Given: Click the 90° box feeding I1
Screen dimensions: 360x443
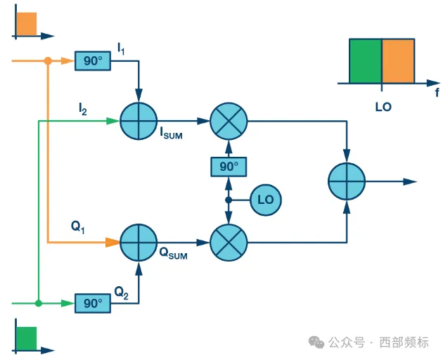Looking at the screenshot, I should (x=92, y=61).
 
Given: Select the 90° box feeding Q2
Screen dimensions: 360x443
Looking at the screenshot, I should (x=92, y=304).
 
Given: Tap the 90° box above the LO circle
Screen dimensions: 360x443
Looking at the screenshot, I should (x=229, y=167).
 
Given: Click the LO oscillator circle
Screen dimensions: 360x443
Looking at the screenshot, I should (x=265, y=200).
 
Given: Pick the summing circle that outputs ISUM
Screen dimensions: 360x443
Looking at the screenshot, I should (x=138, y=121).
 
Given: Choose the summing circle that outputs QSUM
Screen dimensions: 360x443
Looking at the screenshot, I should (x=138, y=243).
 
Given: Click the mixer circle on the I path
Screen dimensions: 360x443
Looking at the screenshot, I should (x=229, y=121).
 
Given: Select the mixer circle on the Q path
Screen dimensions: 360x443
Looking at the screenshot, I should (x=229, y=243).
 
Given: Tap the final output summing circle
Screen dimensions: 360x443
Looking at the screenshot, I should (x=347, y=181).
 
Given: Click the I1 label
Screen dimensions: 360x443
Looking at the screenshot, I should (x=122, y=49).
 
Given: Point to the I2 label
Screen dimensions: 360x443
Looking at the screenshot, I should (x=83, y=109).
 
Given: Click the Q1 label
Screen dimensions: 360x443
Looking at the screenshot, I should (x=78, y=226).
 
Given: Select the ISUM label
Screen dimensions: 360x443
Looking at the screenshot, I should (x=171, y=134).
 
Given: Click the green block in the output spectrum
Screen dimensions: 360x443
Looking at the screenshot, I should (x=366, y=61).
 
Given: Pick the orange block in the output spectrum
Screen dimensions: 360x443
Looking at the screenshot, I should (x=398, y=61).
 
